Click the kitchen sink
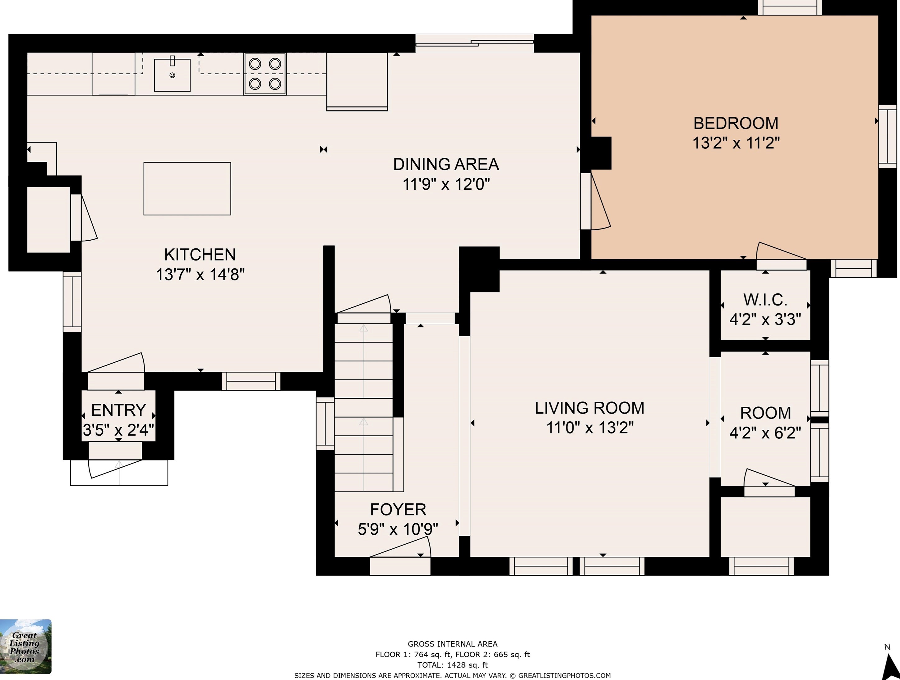pos(172,75)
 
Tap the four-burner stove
pos(265,74)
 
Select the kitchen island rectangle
pos(187,188)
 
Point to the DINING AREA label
pos(446,164)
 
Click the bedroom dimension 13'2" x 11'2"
pos(736,143)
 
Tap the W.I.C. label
pos(765,300)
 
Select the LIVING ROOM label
pos(589,408)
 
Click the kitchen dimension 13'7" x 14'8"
pos(200,275)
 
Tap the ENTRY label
pos(118,410)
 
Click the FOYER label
pos(398,509)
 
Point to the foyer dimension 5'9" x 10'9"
pos(398,529)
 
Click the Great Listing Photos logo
pos(25,647)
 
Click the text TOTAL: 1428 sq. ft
pos(452,665)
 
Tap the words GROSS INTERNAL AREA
pos(452,644)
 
